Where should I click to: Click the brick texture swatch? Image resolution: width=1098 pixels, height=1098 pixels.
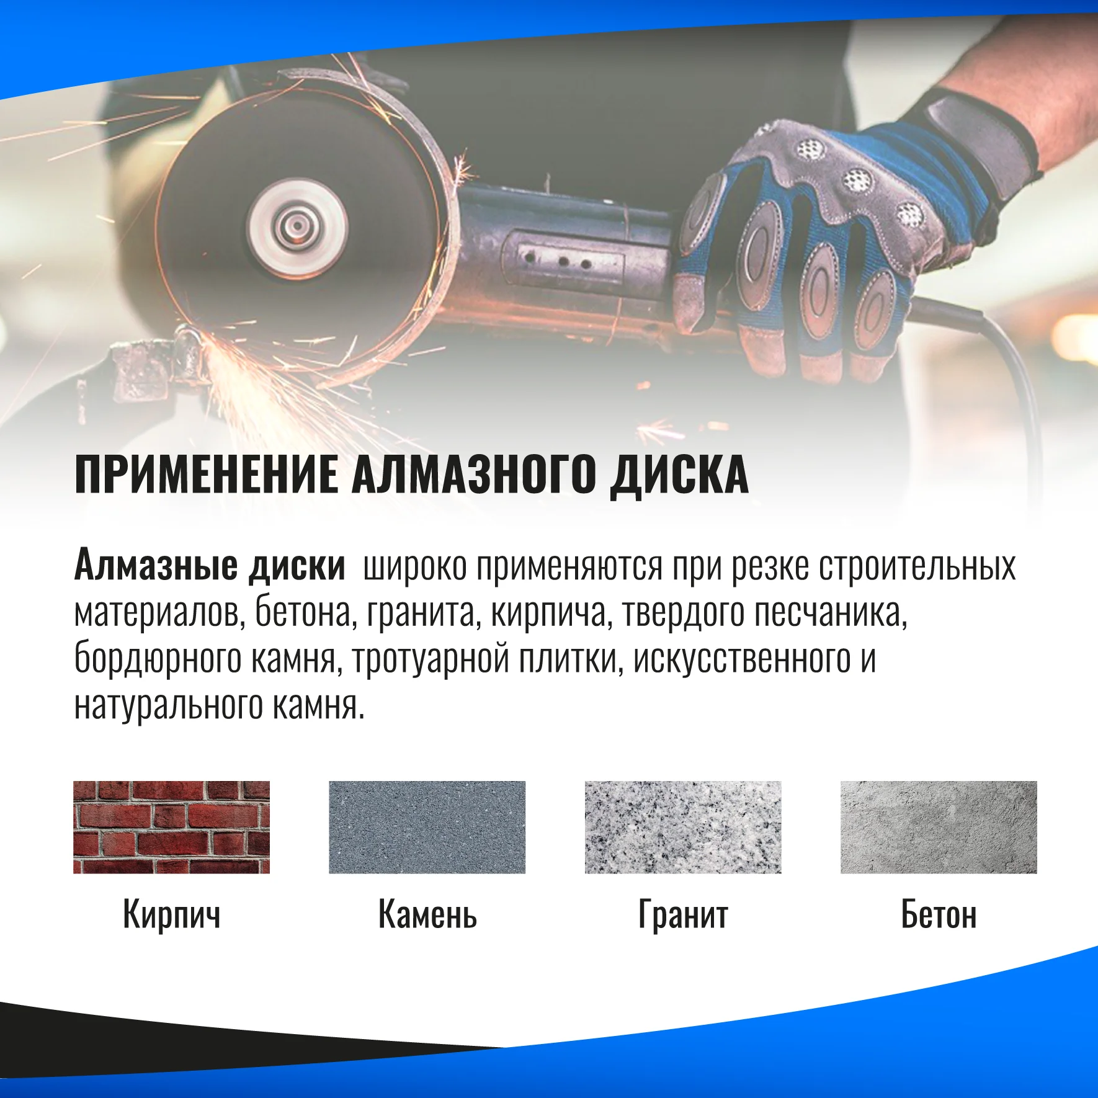tap(172, 827)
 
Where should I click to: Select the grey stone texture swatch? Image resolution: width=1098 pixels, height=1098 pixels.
tap(427, 827)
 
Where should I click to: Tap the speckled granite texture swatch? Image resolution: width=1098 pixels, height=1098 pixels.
tap(683, 827)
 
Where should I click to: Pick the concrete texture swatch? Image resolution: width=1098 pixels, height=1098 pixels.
tap(939, 827)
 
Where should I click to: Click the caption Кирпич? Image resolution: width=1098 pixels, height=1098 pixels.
tap(172, 915)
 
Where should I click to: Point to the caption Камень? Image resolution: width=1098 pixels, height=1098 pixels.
tap(427, 914)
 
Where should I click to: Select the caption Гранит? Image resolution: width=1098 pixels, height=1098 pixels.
tap(683, 915)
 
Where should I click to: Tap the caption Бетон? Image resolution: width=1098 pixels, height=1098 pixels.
tap(939, 914)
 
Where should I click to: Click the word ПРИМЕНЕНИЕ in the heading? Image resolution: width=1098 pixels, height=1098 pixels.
tap(207, 474)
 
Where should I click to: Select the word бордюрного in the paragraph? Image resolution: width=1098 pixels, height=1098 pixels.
tap(158, 659)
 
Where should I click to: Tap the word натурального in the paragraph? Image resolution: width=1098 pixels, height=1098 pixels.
tap(167, 706)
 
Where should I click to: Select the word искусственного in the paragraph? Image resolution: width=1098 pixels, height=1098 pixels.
tap(742, 659)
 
